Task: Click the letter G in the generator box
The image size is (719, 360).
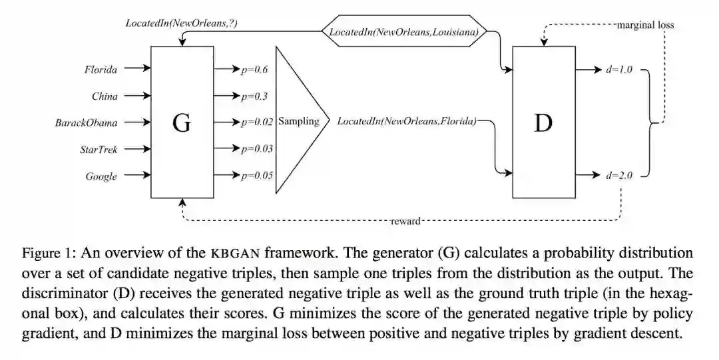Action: click(x=181, y=123)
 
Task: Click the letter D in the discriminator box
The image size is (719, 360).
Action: click(x=543, y=123)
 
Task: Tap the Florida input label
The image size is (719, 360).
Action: click(x=101, y=69)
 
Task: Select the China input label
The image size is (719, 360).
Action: click(x=105, y=96)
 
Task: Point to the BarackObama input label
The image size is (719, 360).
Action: click(x=87, y=122)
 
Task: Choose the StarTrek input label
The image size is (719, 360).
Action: click(x=99, y=149)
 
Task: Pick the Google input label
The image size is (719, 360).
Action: click(x=101, y=176)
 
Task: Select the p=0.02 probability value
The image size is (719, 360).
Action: click(x=257, y=122)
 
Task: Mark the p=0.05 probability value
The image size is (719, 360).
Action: click(x=257, y=176)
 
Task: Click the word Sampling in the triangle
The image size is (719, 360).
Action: click(x=299, y=122)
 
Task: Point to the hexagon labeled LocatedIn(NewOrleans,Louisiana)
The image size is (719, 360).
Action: click(x=403, y=32)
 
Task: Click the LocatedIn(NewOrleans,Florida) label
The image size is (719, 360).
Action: click(x=407, y=122)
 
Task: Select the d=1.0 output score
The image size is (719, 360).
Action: click(x=618, y=69)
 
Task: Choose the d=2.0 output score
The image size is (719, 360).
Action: click(x=618, y=176)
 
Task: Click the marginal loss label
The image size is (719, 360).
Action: click(x=645, y=25)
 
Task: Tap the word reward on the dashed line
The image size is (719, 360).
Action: click(x=405, y=221)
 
